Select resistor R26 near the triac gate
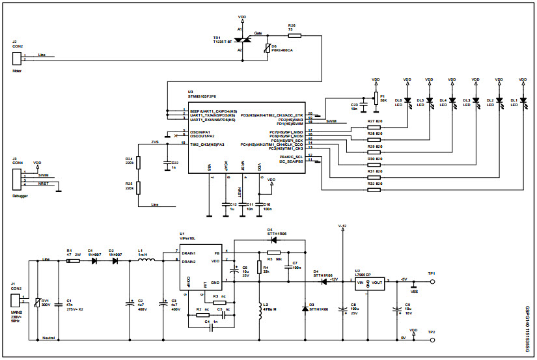pos(294,35)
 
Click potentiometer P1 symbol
pos(376,98)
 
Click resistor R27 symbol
pos(374,128)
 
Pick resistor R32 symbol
pos(374,189)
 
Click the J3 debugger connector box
pos(17,179)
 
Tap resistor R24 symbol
pos(138,161)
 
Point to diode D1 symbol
pos(96,261)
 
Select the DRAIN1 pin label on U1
pos(189,253)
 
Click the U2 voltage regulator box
pos(369,283)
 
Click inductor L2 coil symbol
pos(259,312)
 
